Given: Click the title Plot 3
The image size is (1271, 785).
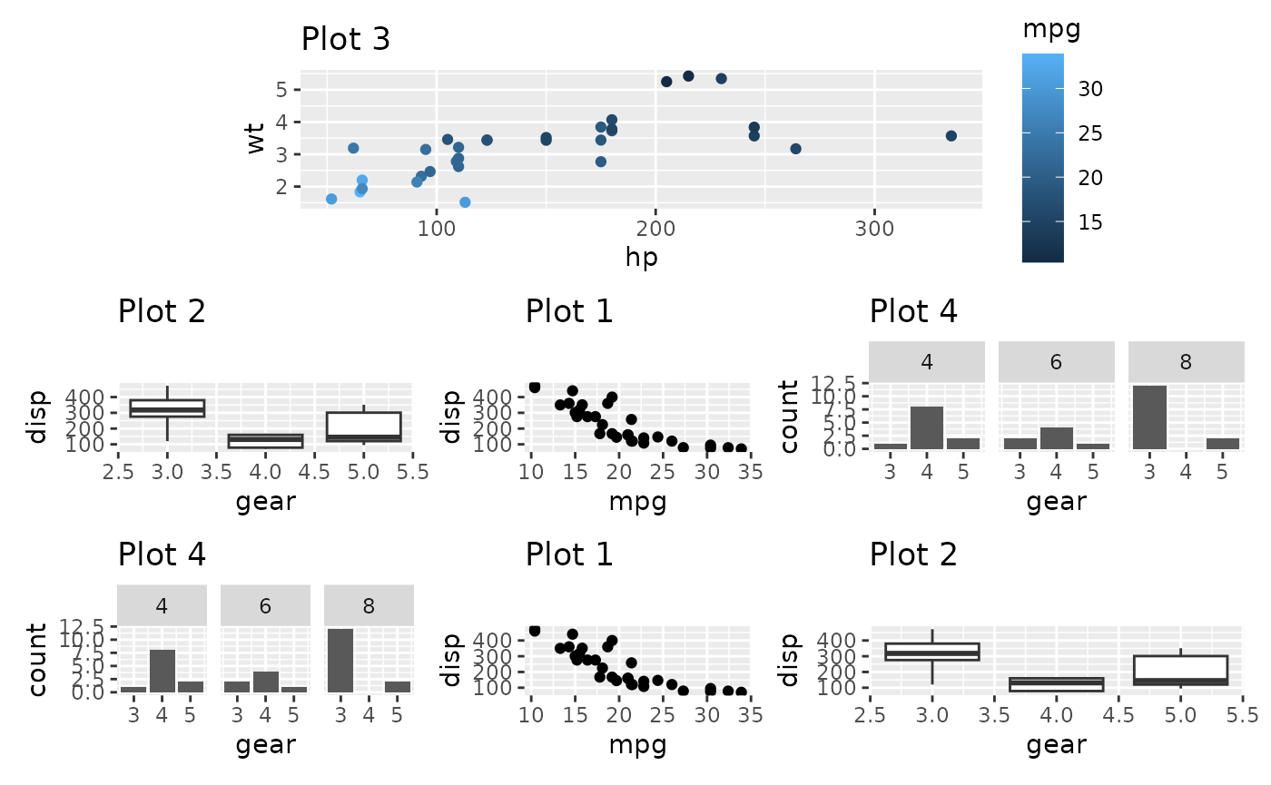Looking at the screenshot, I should pos(345,39).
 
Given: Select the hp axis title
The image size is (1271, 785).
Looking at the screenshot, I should pos(641,258).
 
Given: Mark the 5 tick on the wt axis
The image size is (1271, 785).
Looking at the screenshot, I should pos(281,90).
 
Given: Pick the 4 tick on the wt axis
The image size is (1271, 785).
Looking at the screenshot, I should pos(281,123).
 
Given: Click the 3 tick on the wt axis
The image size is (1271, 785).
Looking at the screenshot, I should pos(281,155).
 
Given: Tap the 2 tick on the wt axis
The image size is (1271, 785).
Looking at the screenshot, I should pos(281,187).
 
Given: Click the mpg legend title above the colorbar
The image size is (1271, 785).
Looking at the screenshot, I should pos(1045,29).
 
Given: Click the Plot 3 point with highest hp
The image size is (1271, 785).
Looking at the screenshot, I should pos(951,136).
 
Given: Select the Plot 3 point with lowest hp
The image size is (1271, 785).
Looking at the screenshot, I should pos(331,199).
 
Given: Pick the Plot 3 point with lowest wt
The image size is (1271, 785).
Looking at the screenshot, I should pos(465,202).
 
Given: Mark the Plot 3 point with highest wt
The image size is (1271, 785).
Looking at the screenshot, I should pos(688,76).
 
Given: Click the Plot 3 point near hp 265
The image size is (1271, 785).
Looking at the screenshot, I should pos(795,149).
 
